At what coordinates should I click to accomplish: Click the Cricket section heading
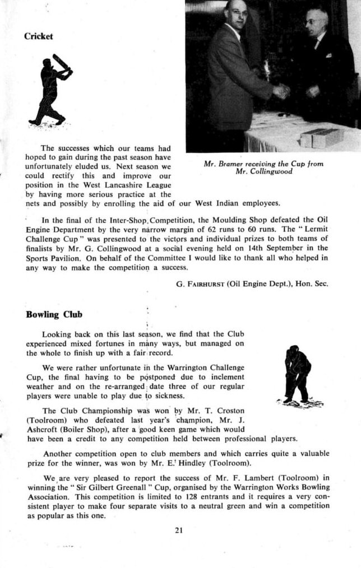click(39, 36)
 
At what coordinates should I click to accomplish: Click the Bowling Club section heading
click(54, 314)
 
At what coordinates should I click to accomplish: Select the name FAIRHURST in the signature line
click(206, 284)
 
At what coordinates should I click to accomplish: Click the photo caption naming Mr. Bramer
click(263, 168)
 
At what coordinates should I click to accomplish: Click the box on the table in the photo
click(319, 137)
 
